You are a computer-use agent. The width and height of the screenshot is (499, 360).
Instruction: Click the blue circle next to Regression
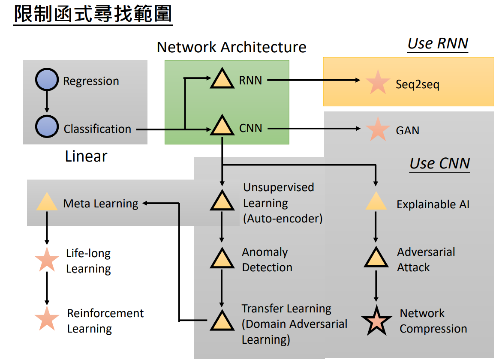[47, 80]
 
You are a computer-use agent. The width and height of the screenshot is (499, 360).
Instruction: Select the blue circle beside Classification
[47, 128]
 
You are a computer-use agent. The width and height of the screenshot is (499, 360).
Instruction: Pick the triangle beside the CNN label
[222, 127]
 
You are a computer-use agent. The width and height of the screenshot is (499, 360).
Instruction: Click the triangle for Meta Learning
[47, 203]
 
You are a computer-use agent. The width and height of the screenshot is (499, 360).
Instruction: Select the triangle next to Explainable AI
[376, 202]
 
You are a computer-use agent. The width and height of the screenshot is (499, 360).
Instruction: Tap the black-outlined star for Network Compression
[376, 321]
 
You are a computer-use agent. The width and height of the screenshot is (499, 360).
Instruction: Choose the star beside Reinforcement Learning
[47, 319]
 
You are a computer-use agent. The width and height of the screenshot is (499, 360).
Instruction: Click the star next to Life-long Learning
[47, 260]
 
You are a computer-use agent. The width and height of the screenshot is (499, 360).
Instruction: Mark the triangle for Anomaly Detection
[222, 259]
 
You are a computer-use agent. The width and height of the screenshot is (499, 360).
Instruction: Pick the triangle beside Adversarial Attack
[376, 258]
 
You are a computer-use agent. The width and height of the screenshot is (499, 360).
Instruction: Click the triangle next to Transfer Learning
[222, 321]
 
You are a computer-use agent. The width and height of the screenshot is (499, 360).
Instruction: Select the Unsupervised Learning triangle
[222, 201]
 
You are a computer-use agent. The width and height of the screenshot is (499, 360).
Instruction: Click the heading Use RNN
[437, 44]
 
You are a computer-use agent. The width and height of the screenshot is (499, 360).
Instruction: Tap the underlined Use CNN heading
[439, 163]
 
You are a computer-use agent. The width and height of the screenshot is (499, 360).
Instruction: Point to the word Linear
[86, 156]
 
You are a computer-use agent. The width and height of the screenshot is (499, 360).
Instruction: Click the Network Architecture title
[231, 47]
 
